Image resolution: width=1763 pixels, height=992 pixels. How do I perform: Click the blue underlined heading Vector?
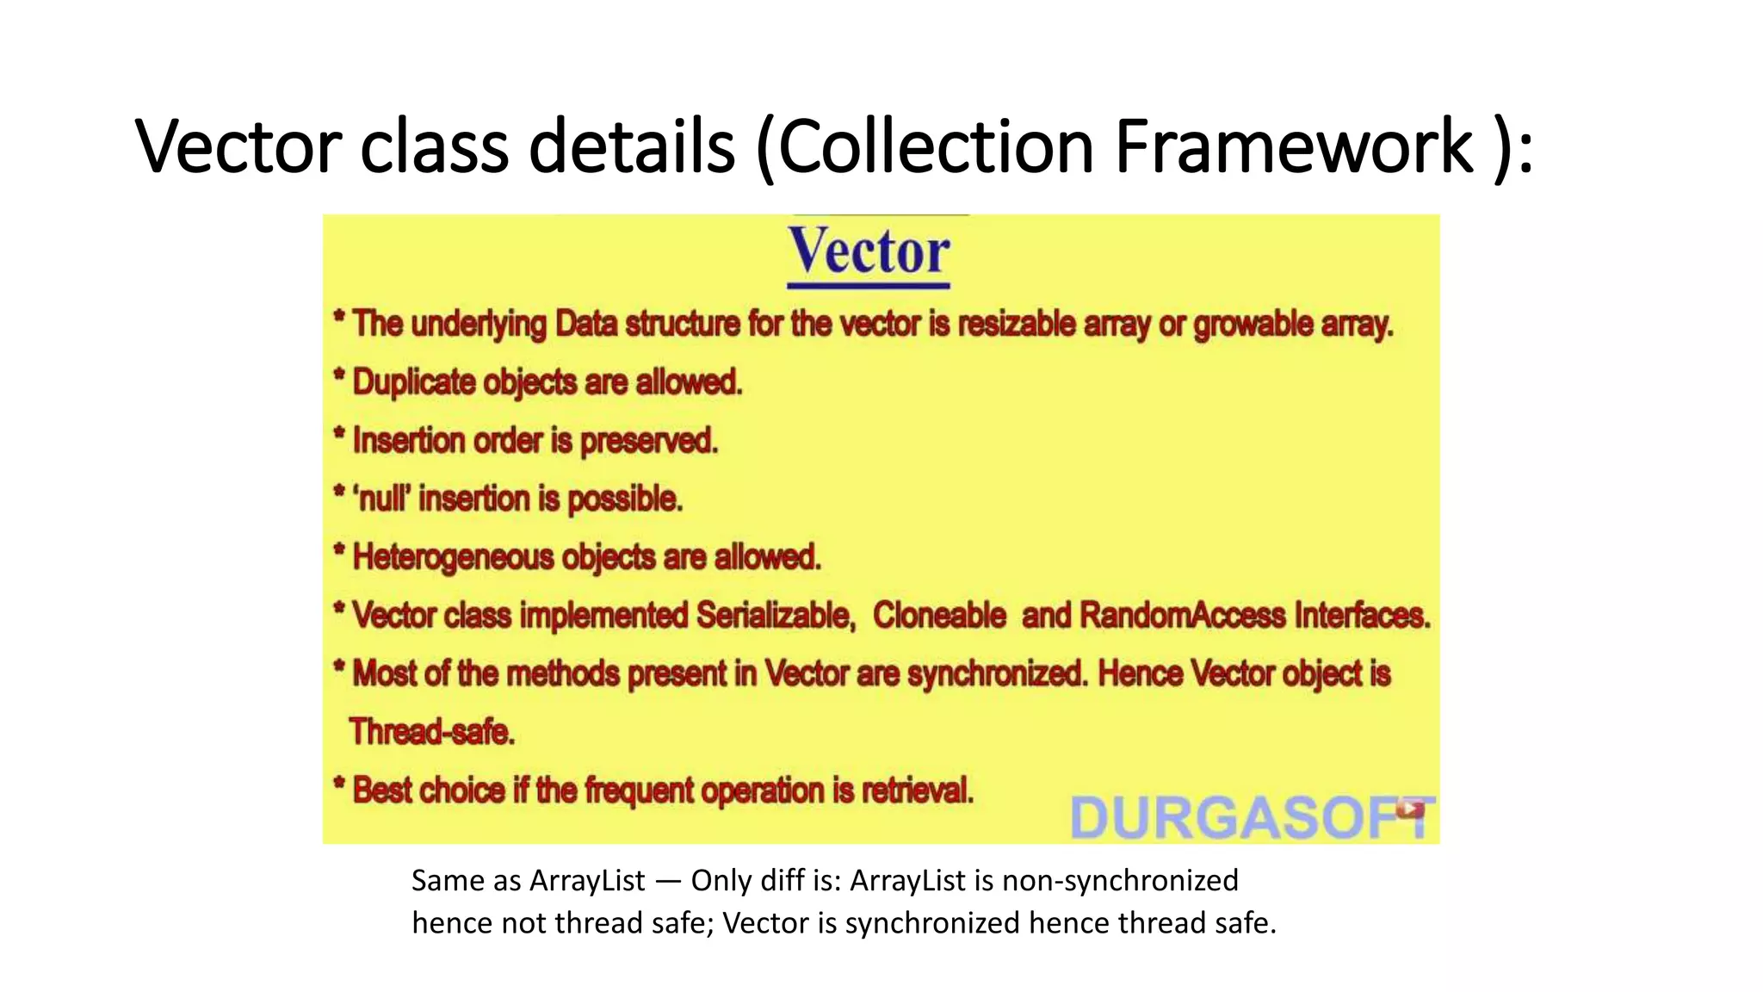[869, 252]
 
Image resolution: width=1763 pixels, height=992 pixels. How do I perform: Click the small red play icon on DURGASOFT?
[1409, 808]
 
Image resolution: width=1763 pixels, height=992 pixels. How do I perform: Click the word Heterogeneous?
[454, 557]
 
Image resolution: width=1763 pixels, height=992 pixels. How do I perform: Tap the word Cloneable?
[939, 616]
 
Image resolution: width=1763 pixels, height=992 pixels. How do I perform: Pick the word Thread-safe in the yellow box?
[431, 732]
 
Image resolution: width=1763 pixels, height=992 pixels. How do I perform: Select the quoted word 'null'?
[382, 499]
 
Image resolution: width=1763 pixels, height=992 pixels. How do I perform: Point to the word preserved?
[649, 441]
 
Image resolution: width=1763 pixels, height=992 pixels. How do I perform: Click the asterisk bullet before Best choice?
[339, 784]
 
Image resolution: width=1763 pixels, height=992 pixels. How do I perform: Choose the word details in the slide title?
[631, 146]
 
